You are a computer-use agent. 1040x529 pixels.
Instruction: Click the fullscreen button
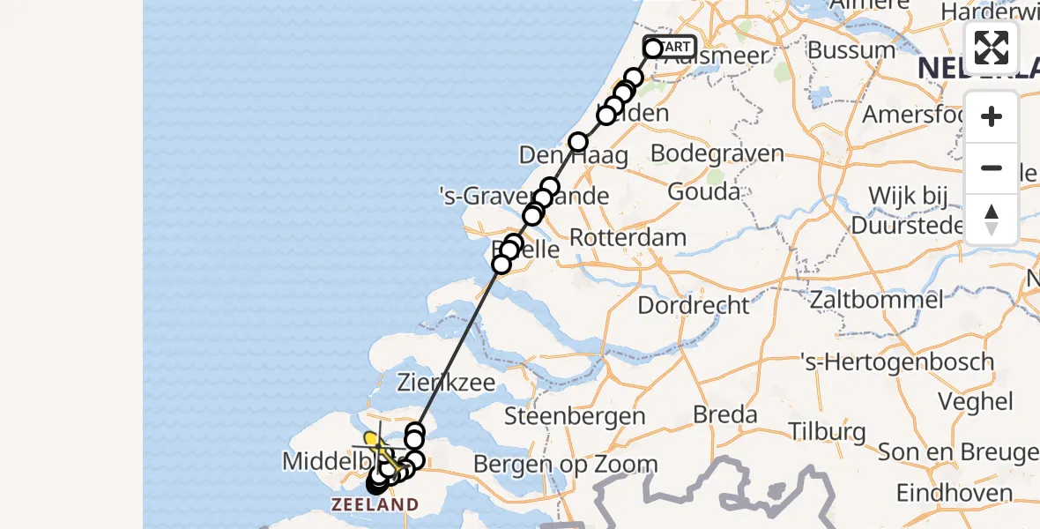[x=992, y=48]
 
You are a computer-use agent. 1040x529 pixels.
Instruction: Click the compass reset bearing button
[x=992, y=220]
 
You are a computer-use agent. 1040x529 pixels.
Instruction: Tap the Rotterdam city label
[x=628, y=237]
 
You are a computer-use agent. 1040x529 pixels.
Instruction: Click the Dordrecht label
[x=693, y=305]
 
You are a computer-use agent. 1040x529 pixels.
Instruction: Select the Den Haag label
[x=573, y=156]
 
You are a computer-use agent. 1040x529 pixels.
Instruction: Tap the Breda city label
[x=724, y=414]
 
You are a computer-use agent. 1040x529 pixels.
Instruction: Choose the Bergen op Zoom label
[x=565, y=464]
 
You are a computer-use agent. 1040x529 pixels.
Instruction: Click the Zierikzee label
[x=446, y=384]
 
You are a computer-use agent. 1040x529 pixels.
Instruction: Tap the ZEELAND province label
[x=375, y=505]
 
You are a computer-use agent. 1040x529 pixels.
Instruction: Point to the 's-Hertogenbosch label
[x=896, y=361]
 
